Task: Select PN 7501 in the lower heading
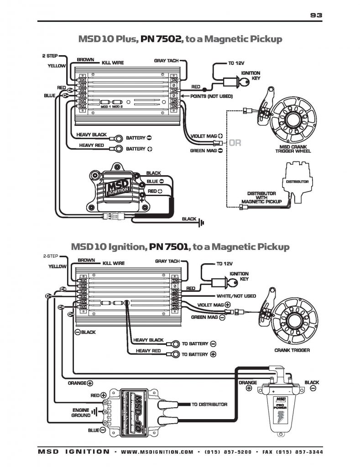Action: click(x=168, y=247)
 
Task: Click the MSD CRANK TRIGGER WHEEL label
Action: click(x=295, y=149)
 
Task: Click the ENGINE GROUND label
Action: click(x=80, y=412)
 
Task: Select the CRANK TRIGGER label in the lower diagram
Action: click(x=292, y=350)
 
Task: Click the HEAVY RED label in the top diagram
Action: click(x=91, y=145)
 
